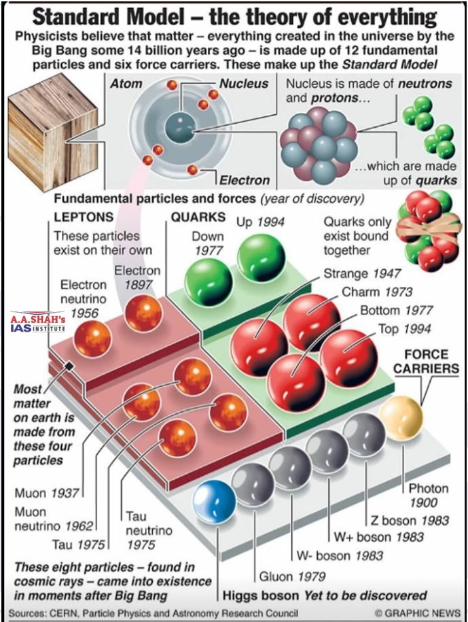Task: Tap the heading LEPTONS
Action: (84, 218)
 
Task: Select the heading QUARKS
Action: (198, 218)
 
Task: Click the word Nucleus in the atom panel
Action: (244, 84)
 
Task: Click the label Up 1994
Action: (260, 222)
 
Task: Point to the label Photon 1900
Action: (428, 496)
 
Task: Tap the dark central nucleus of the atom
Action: (182, 126)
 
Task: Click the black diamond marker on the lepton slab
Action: (69, 366)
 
